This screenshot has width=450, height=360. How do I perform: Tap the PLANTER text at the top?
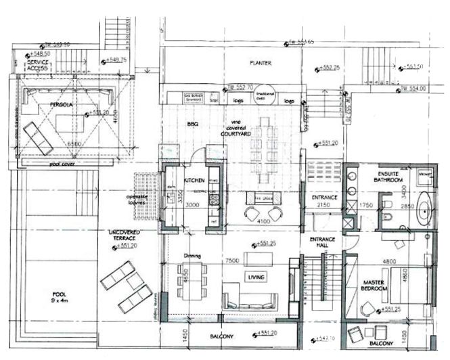tap(261, 63)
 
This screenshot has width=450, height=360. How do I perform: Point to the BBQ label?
tap(192, 124)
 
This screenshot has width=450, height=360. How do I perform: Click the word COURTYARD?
tap(236, 135)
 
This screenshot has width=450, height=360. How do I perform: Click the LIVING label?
tap(256, 277)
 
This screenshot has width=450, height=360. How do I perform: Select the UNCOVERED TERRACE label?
tap(125, 236)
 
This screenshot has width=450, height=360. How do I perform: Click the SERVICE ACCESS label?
tap(37, 65)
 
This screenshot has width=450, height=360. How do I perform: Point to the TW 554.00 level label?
tap(414, 88)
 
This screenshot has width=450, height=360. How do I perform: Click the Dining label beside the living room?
tap(192, 256)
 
